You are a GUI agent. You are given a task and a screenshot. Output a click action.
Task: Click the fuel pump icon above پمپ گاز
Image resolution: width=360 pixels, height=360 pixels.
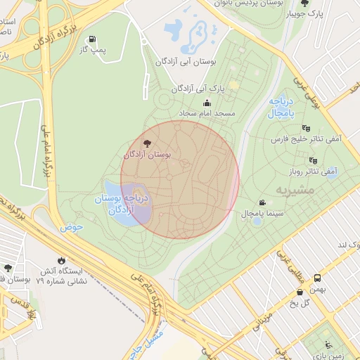(94, 39)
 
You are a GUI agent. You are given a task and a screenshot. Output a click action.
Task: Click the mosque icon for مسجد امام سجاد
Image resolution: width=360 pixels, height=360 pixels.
(207, 103)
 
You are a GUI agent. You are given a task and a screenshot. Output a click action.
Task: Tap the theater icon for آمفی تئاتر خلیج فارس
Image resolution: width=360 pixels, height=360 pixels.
(305, 129)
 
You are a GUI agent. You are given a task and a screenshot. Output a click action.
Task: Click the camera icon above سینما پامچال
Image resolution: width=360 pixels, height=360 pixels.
(262, 202)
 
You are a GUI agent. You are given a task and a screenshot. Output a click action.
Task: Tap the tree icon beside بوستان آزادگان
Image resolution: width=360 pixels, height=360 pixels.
(146, 143)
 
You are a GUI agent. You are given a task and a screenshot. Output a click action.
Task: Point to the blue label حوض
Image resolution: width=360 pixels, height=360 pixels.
(71, 227)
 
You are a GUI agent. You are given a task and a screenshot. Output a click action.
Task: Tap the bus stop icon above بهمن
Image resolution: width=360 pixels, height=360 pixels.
(318, 278)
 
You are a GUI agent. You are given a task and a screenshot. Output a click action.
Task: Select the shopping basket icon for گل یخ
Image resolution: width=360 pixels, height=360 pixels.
(301, 292)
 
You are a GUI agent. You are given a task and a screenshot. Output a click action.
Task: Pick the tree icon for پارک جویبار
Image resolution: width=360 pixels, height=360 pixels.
(304, 3)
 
